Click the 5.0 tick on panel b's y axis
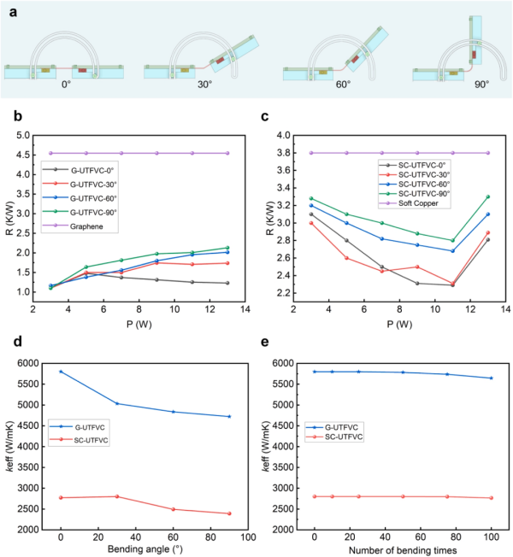23,135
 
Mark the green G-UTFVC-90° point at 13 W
227,248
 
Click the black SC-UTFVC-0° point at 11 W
452,284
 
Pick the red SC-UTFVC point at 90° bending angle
228,513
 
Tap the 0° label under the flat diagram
65,85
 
